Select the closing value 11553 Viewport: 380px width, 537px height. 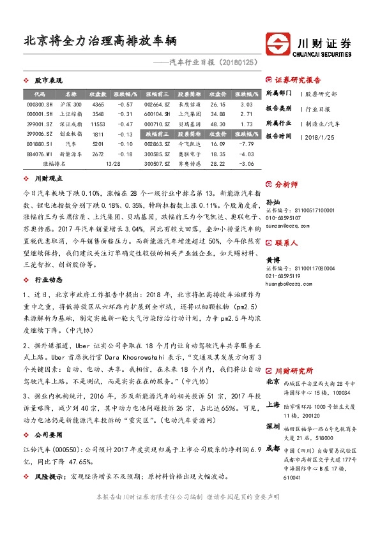pos(98,124)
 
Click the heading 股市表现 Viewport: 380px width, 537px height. pos(48,80)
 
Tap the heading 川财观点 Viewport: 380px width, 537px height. pos(48,179)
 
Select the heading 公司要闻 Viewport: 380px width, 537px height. pos(48,436)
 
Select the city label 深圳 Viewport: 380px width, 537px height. pos(272,426)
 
